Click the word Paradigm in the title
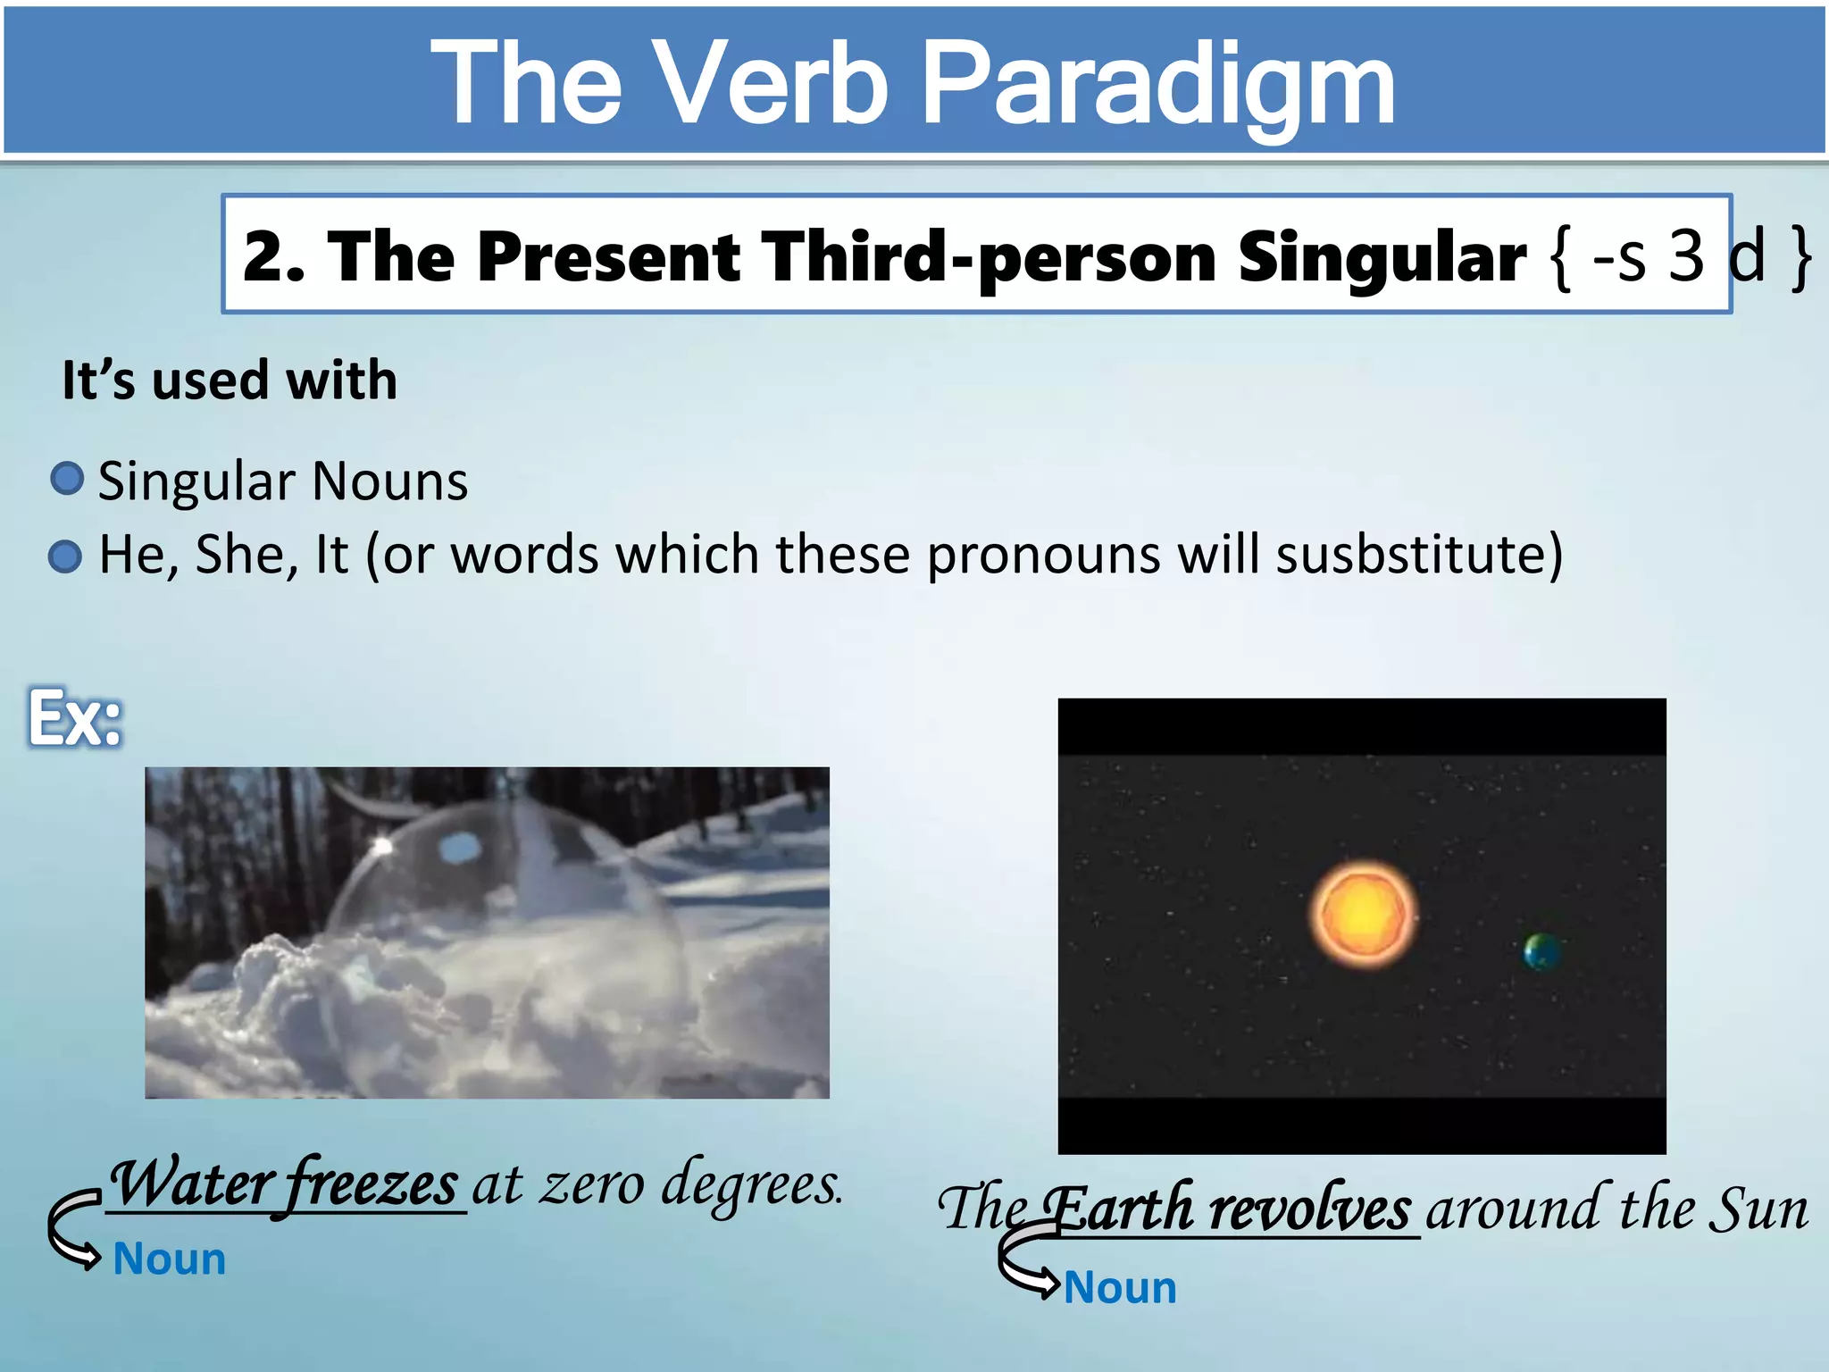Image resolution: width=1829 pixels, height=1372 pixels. (1157, 85)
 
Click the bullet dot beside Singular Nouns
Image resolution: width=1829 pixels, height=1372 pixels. (67, 479)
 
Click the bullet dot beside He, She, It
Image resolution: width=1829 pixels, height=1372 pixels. (65, 556)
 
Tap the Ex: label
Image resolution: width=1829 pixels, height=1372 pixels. (74, 718)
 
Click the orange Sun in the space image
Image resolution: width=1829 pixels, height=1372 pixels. (1363, 914)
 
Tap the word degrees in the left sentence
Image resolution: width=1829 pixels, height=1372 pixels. (751, 1184)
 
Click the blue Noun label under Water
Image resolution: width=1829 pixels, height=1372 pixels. (170, 1259)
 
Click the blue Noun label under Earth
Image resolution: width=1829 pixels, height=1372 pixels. (1120, 1288)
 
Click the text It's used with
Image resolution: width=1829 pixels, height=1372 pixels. (230, 381)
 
